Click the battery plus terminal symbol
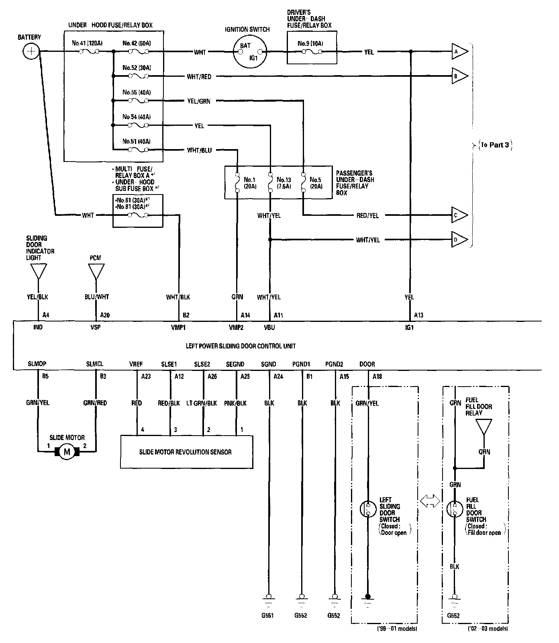click(x=31, y=51)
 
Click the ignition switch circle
click(x=249, y=51)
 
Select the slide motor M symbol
click(x=67, y=452)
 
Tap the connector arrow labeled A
click(x=460, y=51)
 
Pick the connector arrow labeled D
click(x=460, y=240)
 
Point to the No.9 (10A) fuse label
click(x=310, y=43)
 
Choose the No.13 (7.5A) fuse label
click(x=284, y=183)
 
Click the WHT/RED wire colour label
click(x=199, y=76)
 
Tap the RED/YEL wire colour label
click(x=367, y=215)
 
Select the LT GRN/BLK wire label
click(x=202, y=403)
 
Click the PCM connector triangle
click(x=96, y=271)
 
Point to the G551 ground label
click(x=267, y=615)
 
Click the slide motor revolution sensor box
click(x=187, y=452)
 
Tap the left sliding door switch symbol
click(x=367, y=508)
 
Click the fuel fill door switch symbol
click(x=454, y=508)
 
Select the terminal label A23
click(x=146, y=376)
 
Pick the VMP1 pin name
click(x=178, y=327)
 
